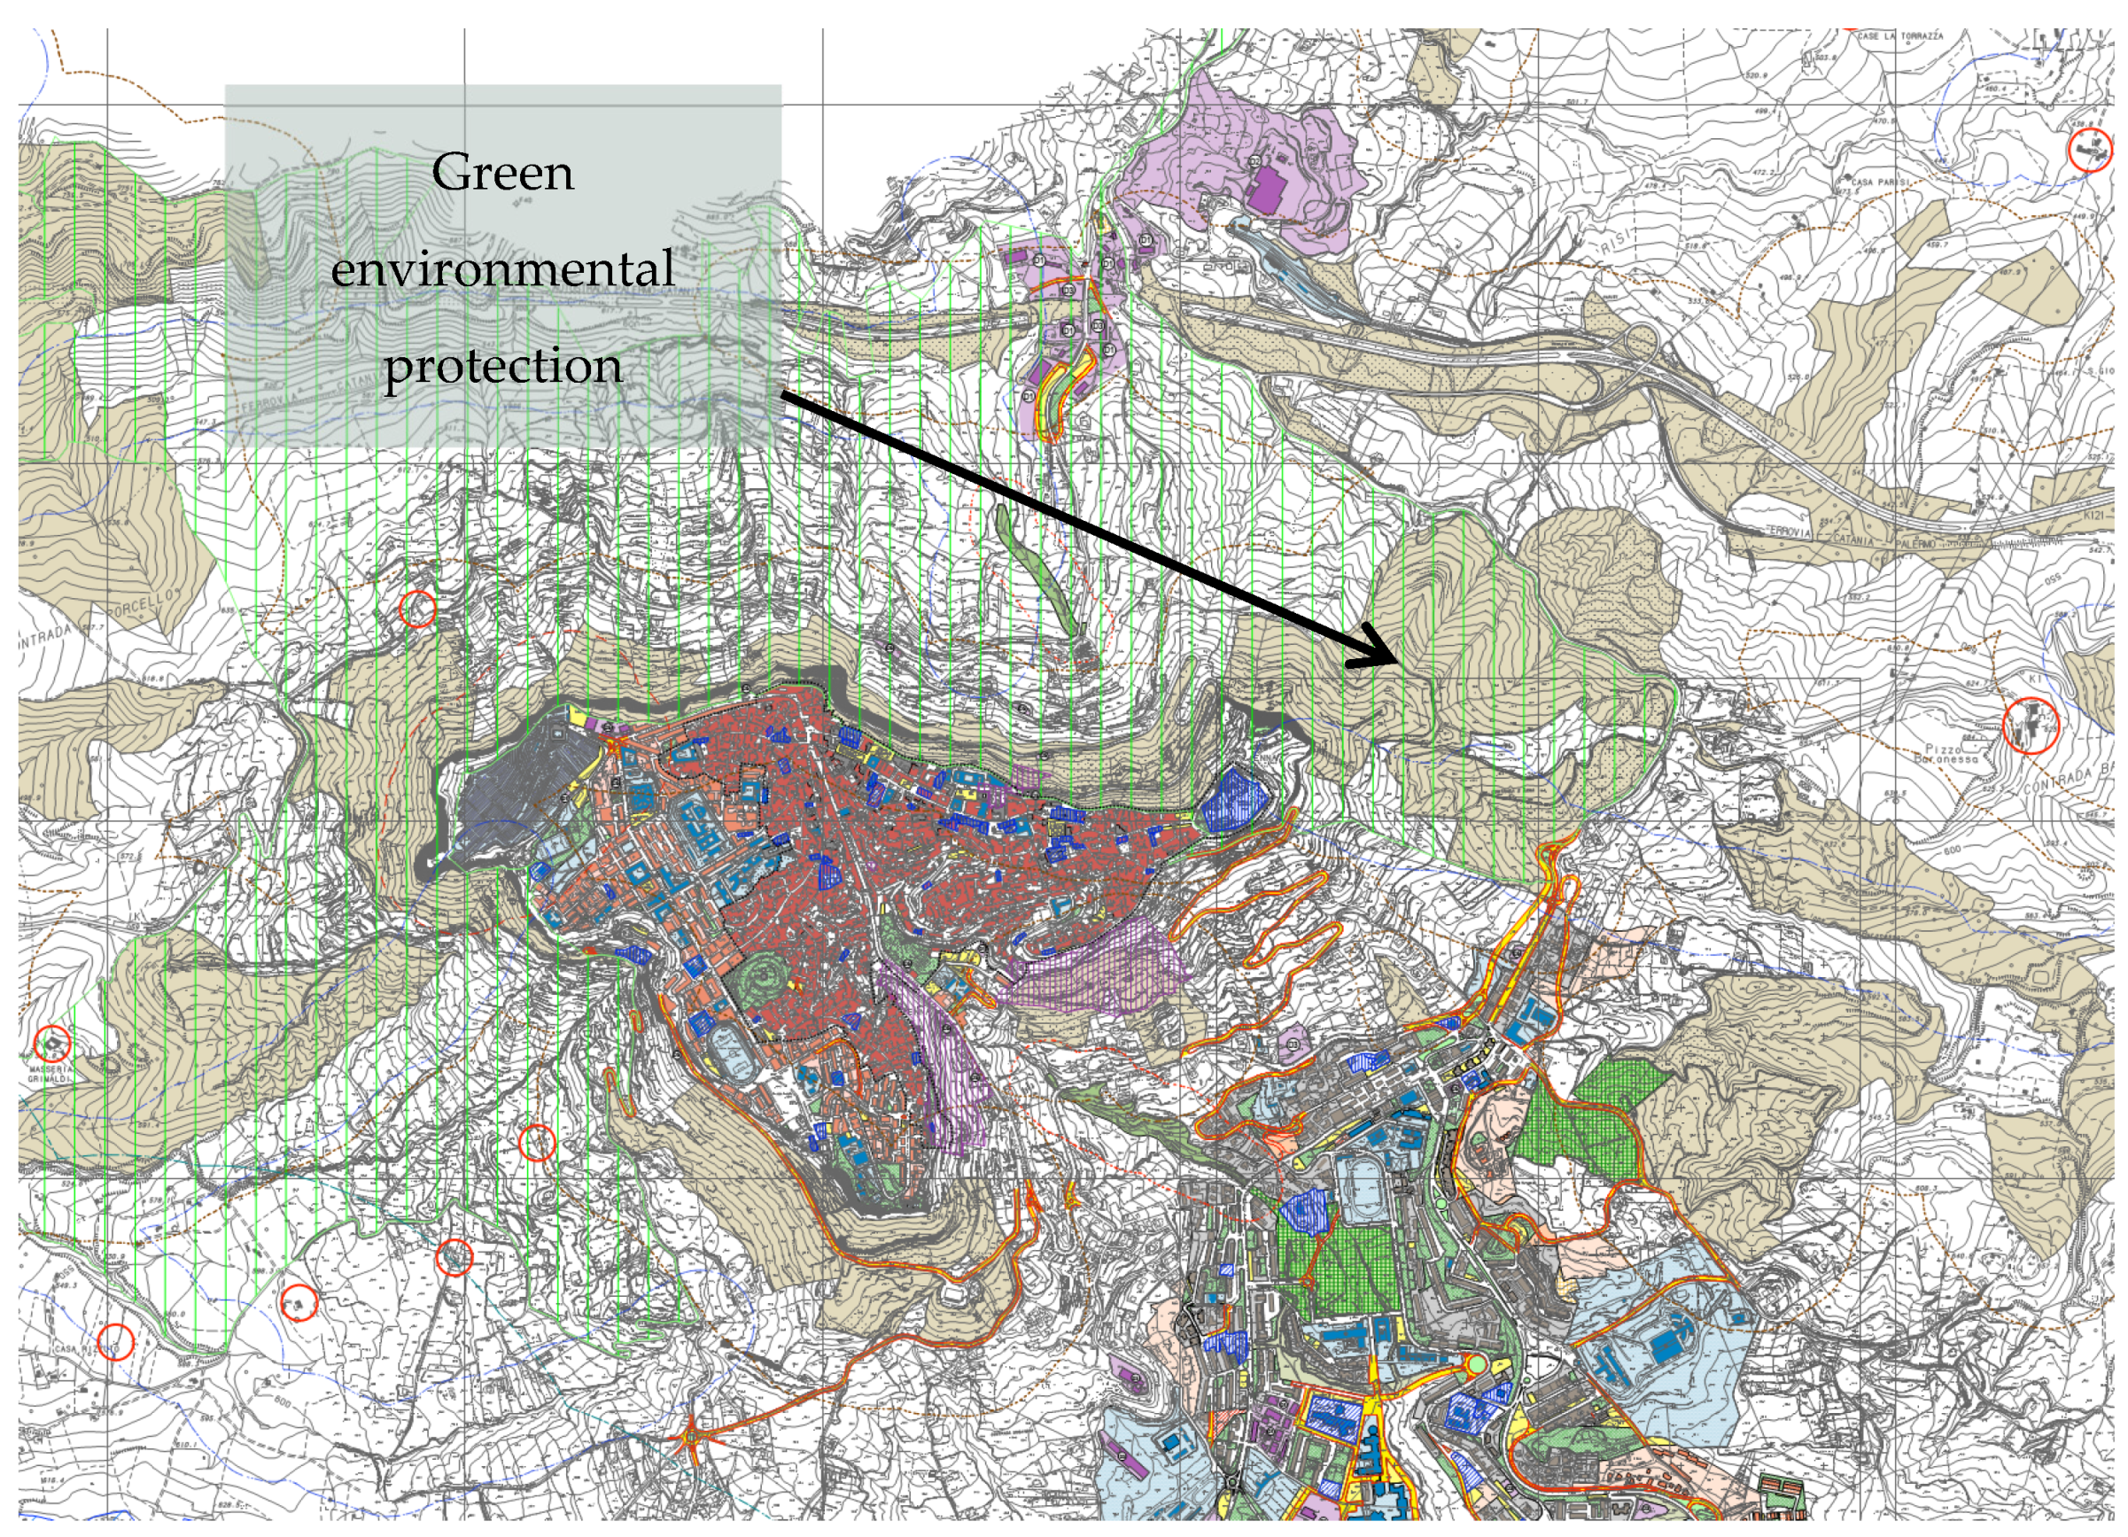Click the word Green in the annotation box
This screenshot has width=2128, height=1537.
point(503,173)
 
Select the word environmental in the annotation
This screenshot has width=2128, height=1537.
point(503,269)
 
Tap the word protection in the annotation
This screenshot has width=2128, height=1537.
point(503,366)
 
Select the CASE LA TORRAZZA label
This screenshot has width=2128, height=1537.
point(1900,36)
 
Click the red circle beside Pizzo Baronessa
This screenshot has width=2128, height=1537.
point(2030,726)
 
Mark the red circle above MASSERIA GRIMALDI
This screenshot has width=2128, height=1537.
point(52,1043)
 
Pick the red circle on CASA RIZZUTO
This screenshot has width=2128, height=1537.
point(114,1342)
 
